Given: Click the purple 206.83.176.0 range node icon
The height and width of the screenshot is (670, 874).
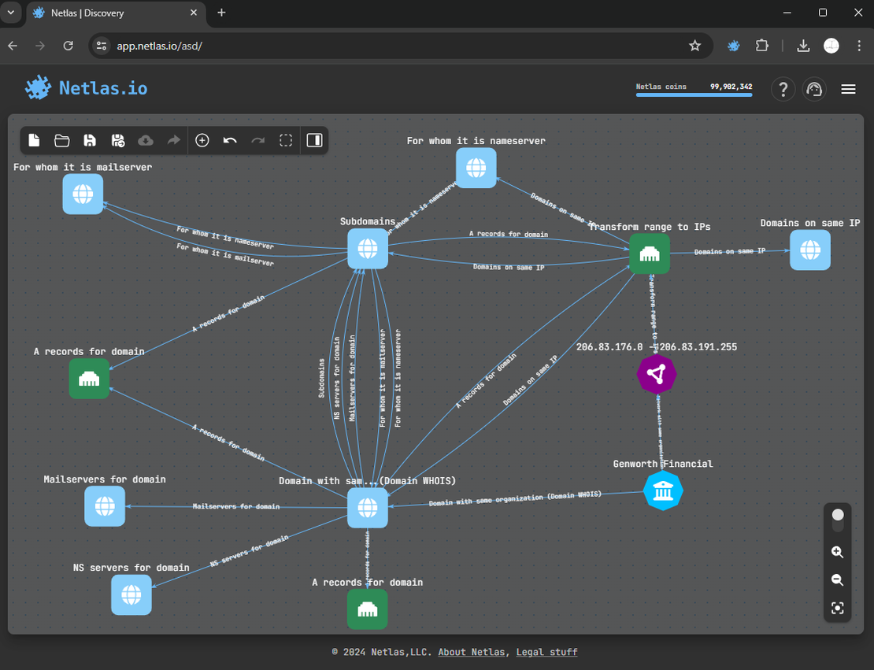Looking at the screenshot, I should (656, 373).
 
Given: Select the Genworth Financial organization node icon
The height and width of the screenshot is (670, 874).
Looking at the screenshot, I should (663, 490).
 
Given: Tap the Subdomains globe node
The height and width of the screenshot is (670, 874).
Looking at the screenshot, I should (368, 249).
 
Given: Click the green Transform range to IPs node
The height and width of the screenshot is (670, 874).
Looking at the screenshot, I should (650, 254).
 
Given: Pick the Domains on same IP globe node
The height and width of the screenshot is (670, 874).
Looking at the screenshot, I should (809, 250).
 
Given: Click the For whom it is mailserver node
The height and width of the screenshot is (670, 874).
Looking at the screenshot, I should (83, 194).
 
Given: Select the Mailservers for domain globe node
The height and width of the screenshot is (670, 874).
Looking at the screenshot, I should (105, 505).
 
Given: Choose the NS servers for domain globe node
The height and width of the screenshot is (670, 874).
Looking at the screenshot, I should (131, 594).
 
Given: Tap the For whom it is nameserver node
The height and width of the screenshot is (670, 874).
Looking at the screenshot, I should (476, 168).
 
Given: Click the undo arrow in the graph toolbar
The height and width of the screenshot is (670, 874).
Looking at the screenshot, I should (230, 140).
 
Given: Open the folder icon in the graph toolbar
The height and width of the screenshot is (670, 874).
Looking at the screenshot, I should (62, 140).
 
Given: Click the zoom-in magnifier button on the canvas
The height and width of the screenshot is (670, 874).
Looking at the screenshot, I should (837, 553).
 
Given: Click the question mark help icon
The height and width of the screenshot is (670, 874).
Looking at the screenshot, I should (783, 89).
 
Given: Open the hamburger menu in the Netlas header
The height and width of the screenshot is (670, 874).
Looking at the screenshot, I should (848, 89).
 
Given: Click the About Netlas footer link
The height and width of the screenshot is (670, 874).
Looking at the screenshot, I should (471, 652).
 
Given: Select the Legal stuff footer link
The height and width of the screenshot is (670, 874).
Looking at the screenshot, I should (546, 652).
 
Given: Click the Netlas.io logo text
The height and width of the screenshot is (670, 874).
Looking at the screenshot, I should (103, 88).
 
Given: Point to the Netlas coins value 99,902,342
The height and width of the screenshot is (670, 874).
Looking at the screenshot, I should (731, 87).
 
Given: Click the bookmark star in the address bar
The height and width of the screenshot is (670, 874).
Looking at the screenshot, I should (694, 46).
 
